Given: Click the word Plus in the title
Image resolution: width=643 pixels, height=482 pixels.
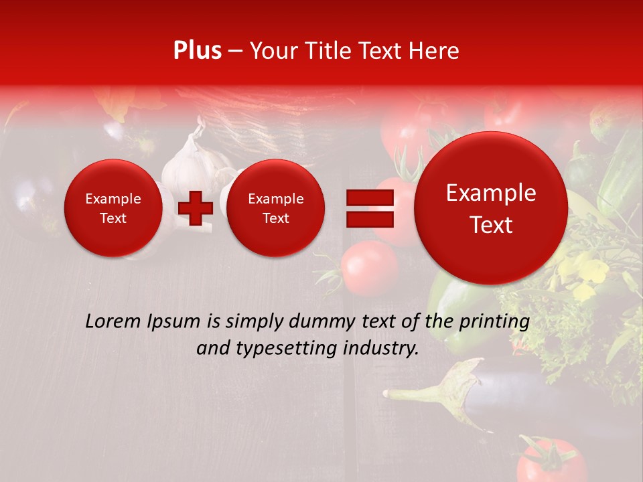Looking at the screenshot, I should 197,51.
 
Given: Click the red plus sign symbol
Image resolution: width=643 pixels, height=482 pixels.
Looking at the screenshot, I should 196,208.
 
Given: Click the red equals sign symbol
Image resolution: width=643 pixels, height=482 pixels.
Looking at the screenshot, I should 369,208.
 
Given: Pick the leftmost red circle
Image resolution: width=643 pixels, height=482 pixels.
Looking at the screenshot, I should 113,208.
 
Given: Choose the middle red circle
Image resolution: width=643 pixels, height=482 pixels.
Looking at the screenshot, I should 275,208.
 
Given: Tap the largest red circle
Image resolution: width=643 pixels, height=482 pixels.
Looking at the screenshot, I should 491,208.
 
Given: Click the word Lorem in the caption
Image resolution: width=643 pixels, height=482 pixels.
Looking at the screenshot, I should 112,321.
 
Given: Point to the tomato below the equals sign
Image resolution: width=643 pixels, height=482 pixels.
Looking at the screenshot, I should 368,268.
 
